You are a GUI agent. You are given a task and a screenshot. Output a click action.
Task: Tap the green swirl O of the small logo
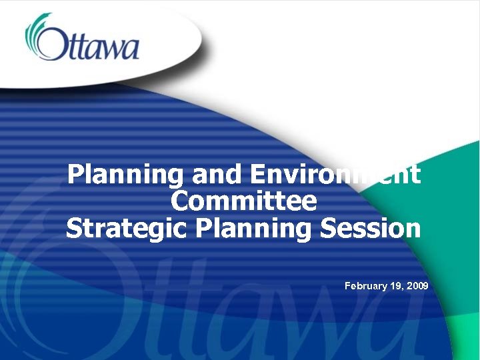pos(42,40)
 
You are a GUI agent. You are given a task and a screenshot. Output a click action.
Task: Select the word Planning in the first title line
pos(125,175)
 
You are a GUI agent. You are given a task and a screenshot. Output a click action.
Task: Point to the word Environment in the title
pos(336,175)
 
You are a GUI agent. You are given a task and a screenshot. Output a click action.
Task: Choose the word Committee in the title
pos(243,201)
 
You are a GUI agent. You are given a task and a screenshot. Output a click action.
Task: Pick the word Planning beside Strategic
pos(254,227)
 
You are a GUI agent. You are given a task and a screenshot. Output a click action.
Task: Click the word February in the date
pos(366,286)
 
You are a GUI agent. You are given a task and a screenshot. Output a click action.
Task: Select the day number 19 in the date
pos(397,286)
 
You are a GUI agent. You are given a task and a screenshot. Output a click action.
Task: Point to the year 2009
pos(417,286)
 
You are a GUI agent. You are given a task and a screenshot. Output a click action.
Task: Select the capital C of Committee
pos(181,201)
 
